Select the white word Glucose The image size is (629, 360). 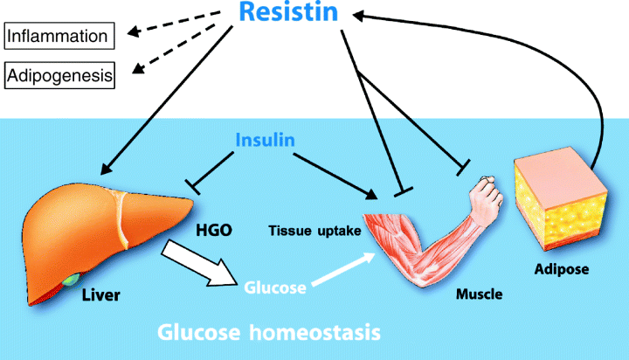pos(276,286)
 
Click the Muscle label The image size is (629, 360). pos(479,294)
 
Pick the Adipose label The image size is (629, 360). pos(560,269)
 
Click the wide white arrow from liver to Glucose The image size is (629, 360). pos(199,266)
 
